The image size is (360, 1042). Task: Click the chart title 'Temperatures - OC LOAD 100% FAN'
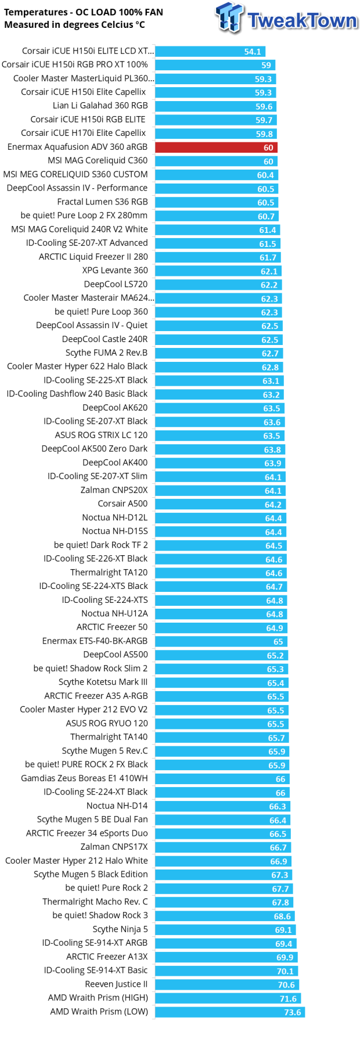(84, 12)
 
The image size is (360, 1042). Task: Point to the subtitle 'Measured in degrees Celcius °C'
(74, 25)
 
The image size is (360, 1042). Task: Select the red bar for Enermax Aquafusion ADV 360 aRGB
(216, 148)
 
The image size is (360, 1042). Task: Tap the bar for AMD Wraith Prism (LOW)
(229, 1012)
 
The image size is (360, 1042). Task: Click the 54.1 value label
(253, 52)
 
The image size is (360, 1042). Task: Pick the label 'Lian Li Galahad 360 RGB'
(100, 106)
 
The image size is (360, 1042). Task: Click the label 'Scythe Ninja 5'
(120, 929)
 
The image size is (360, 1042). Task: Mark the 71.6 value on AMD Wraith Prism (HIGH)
(288, 998)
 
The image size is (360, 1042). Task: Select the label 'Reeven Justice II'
(116, 984)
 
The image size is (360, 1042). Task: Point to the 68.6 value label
(282, 916)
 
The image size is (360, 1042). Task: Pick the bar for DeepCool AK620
(219, 408)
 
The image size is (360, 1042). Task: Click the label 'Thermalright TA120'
(109, 573)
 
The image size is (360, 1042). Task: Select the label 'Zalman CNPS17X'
(114, 847)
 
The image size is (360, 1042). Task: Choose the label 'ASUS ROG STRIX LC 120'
(101, 435)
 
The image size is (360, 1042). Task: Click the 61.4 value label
(268, 230)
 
